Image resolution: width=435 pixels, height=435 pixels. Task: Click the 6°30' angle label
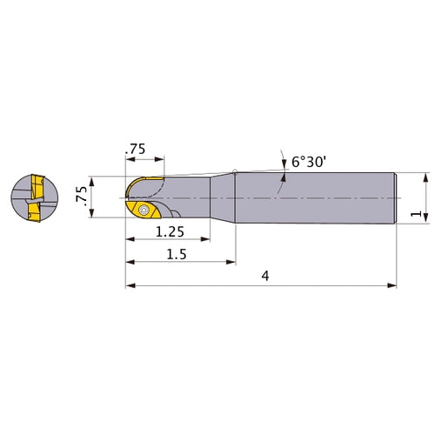point(310,161)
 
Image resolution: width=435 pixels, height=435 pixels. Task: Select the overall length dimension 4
point(264,275)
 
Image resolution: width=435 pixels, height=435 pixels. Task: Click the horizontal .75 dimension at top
point(135,149)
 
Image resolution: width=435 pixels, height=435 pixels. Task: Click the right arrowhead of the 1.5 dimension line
point(232,260)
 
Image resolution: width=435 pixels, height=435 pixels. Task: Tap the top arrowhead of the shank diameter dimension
point(425,175)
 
